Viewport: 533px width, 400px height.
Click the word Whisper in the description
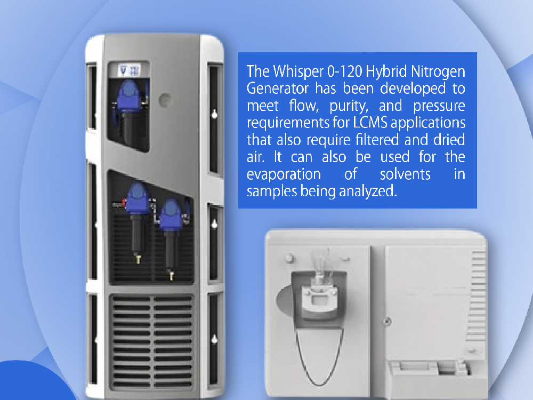[x=298, y=71]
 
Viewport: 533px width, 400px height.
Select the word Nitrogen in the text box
[x=438, y=72]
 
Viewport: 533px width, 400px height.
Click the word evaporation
[x=284, y=174]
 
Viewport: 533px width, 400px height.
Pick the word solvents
[x=405, y=174]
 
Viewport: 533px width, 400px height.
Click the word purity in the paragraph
[x=349, y=106]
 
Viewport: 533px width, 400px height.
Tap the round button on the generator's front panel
[x=165, y=100]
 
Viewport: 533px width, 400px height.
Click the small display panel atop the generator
[x=128, y=70]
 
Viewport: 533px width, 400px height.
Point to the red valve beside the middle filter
[x=124, y=204]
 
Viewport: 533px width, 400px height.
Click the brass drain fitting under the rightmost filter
[x=171, y=275]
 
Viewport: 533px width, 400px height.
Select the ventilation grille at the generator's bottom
[x=151, y=342]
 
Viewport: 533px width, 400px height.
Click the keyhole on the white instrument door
[x=387, y=321]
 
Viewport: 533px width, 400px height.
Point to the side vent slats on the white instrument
[x=478, y=297]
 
